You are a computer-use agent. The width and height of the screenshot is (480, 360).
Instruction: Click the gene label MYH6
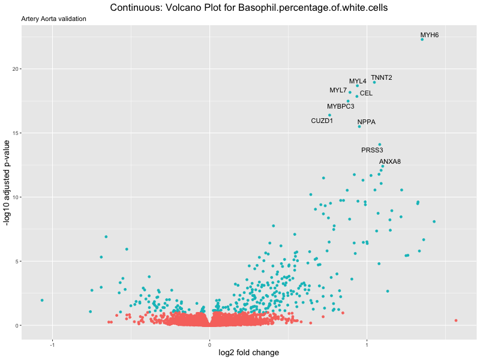coord(429,35)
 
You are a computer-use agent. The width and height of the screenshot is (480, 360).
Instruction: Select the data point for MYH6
coord(422,39)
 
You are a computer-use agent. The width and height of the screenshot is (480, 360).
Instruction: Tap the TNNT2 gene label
coord(381,77)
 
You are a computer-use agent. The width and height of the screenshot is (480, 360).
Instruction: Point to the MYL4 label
coord(358,81)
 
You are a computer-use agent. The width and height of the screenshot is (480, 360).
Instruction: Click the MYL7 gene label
coord(338,90)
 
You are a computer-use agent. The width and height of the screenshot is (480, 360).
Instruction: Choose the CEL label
coord(366,93)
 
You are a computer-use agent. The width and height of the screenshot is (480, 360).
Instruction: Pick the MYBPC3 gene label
coord(340,106)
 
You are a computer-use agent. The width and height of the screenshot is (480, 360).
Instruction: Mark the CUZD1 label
coord(322,121)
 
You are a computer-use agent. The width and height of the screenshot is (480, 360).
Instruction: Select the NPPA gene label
coord(366,122)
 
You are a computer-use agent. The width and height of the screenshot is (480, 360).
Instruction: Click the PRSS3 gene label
coord(372,150)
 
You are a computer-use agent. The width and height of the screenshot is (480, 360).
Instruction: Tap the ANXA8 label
coord(390,161)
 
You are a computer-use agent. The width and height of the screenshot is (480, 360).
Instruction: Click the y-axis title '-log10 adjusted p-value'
coord(7,183)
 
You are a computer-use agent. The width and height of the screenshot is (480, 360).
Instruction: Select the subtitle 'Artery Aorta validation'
coord(53,19)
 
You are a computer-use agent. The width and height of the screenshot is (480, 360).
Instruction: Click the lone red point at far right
coord(456,320)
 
